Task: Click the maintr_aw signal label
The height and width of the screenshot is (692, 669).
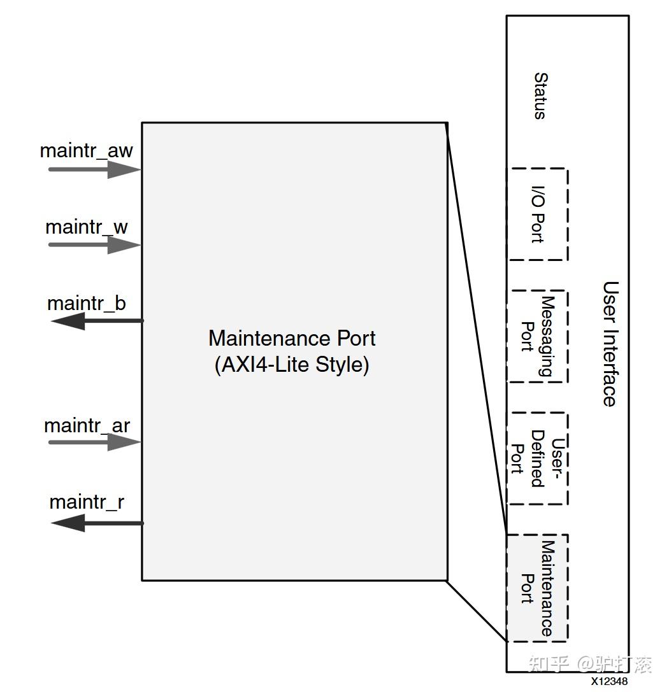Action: point(86,151)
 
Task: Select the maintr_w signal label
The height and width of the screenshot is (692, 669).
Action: point(87,227)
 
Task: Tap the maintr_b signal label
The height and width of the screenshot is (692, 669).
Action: point(87,304)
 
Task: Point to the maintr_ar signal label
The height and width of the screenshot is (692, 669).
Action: point(87,426)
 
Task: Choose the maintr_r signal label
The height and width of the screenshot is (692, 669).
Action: point(87,502)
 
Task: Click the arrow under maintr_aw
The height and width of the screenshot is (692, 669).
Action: point(94,169)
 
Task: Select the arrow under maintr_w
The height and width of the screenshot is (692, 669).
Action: point(94,245)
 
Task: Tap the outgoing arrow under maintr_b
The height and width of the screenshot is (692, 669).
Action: point(97,321)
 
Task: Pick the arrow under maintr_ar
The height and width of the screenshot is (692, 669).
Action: point(94,442)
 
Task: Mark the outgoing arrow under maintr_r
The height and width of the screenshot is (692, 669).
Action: point(97,523)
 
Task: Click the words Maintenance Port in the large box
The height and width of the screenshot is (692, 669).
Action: point(292,339)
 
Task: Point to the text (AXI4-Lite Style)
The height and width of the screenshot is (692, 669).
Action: point(292,365)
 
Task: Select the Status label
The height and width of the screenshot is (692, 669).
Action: point(540,95)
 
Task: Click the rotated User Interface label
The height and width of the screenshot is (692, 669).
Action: point(610,343)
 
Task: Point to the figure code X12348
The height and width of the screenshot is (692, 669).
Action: point(609,681)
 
